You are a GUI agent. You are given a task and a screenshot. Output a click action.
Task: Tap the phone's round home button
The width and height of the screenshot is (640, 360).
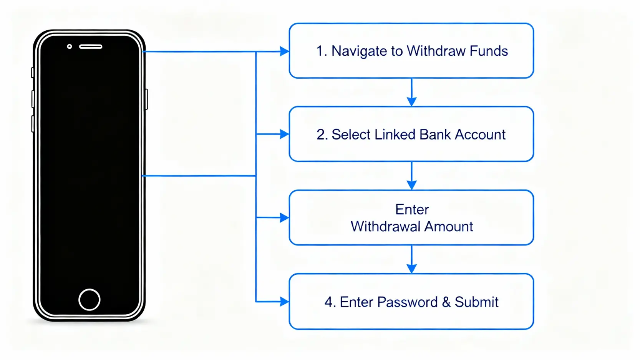coord(89,299)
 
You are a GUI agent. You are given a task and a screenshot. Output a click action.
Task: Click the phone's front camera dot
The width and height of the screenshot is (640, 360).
coord(70,46)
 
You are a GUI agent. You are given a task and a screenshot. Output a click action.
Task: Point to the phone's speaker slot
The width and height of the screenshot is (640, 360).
coord(91,47)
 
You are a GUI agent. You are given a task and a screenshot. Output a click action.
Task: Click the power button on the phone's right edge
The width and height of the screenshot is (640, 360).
coord(146,99)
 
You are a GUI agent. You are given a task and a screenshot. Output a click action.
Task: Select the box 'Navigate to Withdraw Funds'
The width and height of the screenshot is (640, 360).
coord(411,51)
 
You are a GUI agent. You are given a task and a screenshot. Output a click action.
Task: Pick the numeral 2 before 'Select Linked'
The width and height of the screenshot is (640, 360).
coord(321,135)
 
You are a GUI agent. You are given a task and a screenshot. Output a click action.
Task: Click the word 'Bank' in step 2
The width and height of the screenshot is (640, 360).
coord(435,134)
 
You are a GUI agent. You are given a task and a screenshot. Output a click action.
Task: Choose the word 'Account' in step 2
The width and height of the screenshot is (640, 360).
coord(480,134)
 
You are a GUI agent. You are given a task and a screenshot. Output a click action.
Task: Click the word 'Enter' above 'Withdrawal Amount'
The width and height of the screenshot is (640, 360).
coord(412,209)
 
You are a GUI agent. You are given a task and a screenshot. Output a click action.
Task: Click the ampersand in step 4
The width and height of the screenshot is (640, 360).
coord(446,302)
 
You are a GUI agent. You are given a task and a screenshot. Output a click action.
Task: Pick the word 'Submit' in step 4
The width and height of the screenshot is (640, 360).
coord(476,302)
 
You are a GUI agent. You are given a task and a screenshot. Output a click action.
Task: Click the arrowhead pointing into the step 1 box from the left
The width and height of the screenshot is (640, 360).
coord(285,51)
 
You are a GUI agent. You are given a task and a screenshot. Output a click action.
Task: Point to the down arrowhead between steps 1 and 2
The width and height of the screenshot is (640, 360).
coord(411,101)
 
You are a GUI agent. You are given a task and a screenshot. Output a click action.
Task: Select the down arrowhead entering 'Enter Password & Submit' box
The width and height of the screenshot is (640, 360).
coord(411,269)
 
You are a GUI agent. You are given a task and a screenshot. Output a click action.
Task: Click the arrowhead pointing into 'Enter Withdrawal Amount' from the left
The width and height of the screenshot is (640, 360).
coord(285,218)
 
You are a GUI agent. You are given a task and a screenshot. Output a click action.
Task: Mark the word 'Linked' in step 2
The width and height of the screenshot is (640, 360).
coord(395,134)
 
